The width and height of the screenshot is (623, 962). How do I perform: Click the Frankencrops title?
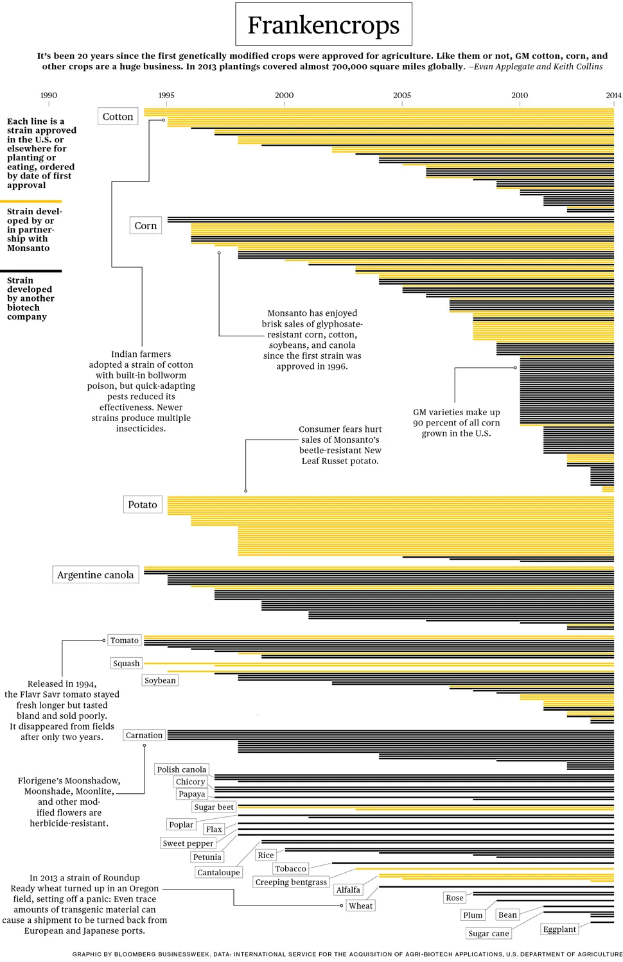tap(323, 25)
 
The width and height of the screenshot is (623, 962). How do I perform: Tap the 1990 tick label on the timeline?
tap(49, 95)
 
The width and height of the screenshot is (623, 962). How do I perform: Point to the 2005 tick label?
tap(402, 95)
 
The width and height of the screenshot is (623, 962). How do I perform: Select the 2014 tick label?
tap(613, 95)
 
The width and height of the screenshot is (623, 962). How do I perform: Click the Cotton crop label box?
tap(118, 117)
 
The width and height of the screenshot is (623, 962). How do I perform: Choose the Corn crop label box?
tap(145, 226)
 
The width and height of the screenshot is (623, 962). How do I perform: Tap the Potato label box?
tap(143, 505)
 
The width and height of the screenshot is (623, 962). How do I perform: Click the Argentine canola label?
tap(95, 575)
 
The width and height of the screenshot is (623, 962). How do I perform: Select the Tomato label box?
tap(125, 640)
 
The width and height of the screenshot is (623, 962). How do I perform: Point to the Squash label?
tap(126, 664)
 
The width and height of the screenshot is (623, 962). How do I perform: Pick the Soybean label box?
tap(160, 680)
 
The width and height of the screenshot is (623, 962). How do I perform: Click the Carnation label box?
tap(144, 735)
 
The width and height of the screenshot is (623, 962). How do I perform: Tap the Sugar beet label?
tap(214, 807)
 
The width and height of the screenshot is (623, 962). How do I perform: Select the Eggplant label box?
tap(559, 929)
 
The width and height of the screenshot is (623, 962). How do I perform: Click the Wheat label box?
tap(360, 906)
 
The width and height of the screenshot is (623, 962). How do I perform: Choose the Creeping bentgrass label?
tap(291, 882)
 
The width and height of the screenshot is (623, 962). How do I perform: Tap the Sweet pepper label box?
tap(188, 843)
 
